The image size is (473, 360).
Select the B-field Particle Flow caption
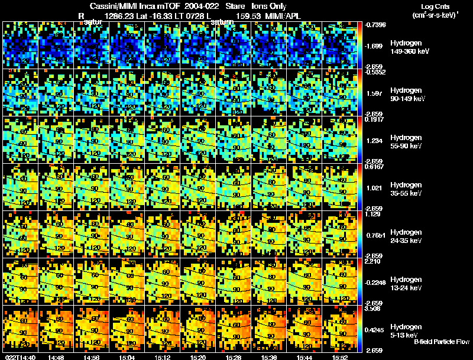441,342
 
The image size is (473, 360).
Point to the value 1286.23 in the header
118,16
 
